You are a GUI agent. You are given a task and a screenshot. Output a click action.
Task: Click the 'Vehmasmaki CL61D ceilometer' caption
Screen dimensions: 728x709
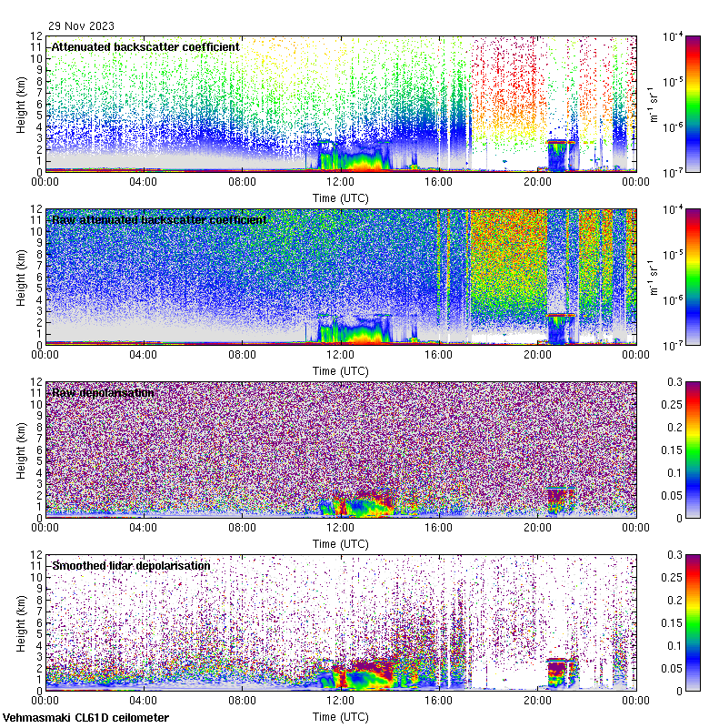(85, 718)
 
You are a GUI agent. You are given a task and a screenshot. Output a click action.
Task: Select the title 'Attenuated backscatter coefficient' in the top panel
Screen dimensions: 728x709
(145, 46)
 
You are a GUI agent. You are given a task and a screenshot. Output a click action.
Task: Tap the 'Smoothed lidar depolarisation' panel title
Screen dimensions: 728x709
(131, 565)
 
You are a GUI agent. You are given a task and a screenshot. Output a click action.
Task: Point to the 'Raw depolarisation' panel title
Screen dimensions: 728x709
(103, 392)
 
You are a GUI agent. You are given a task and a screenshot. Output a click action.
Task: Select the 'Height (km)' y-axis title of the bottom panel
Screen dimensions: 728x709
(21, 622)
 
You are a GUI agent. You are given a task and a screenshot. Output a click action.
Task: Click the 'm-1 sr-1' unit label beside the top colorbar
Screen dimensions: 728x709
(652, 104)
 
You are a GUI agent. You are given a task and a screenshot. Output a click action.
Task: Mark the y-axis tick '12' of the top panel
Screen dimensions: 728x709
(35, 36)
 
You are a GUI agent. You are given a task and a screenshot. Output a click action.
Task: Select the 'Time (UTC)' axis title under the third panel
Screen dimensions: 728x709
(340, 543)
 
